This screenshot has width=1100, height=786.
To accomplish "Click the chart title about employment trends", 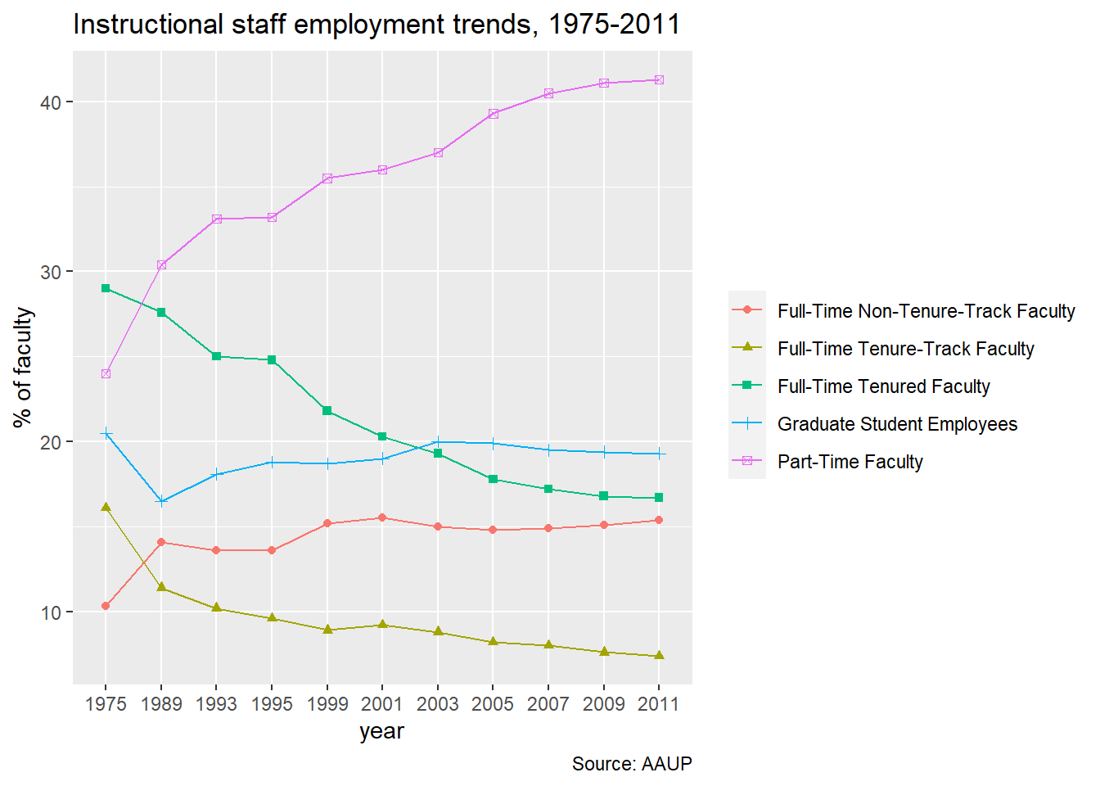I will coord(376,25).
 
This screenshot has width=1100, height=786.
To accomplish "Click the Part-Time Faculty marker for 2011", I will coord(659,80).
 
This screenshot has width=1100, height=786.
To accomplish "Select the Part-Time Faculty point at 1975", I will coord(106,374).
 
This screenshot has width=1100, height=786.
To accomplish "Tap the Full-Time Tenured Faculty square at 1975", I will coord(106,288).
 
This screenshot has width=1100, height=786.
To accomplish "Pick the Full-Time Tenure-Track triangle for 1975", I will coord(106,508).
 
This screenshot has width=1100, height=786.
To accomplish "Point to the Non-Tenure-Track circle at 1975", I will coord(106,606).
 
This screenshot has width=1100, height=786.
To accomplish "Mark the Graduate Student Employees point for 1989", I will coord(161,502).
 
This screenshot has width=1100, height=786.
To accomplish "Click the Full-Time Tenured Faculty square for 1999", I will coord(327,411).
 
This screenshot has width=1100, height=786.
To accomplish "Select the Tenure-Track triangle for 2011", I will coord(659,656).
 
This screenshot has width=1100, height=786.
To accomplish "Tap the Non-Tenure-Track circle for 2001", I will coord(382,517).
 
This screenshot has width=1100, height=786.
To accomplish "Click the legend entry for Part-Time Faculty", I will coord(850,462).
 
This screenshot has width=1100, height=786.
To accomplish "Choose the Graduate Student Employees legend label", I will coord(897,424).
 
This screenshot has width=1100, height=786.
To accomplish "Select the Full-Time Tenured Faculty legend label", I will coord(883,386).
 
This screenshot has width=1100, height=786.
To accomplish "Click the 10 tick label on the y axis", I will coord(52,612).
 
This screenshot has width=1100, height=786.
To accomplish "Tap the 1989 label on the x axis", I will coord(161,704).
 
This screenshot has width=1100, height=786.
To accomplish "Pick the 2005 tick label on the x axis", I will coord(493,704).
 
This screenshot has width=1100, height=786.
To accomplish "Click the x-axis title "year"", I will coord(381,731).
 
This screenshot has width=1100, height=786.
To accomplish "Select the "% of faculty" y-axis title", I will coord(23,367).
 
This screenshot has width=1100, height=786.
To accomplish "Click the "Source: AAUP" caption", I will coord(632,764).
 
